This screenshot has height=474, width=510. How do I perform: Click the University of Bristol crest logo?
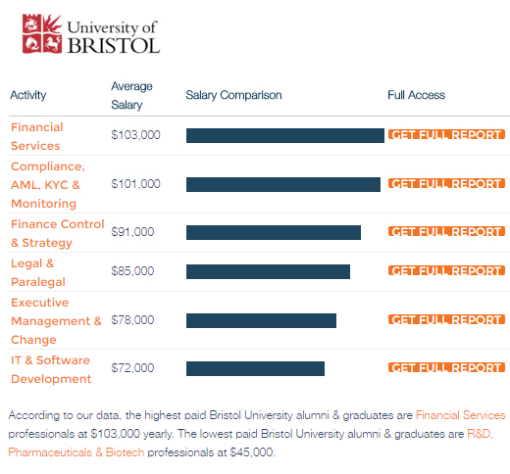coord(42,33)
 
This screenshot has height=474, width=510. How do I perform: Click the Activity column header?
coord(28,95)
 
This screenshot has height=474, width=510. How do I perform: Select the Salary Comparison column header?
coord(233,95)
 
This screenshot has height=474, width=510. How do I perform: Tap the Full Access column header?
coord(416,95)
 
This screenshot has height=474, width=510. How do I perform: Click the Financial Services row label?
coord(37,136)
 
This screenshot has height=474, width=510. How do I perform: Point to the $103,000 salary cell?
coord(135,135)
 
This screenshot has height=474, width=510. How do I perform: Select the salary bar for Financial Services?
coord(285,135)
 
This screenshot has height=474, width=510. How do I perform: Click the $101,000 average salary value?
coord(135,184)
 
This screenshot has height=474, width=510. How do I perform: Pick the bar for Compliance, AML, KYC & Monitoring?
coord(283,184)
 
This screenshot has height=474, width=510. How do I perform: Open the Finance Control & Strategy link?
coord(58,233)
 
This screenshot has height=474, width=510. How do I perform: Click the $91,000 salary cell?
coord(132,232)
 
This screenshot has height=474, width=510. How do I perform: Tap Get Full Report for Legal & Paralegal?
coord(446,270)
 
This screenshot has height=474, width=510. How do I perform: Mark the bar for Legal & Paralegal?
coord(268,271)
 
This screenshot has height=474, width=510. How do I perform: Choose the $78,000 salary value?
coord(132,320)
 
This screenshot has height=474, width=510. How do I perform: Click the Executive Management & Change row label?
coord(56,321)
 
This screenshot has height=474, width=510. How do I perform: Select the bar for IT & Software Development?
coord(255,368)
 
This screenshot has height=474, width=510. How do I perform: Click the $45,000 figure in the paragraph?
coord(252,452)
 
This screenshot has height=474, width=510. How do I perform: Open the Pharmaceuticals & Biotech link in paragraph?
coord(76,452)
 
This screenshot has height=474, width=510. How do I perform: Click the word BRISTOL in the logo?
coord(114,45)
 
